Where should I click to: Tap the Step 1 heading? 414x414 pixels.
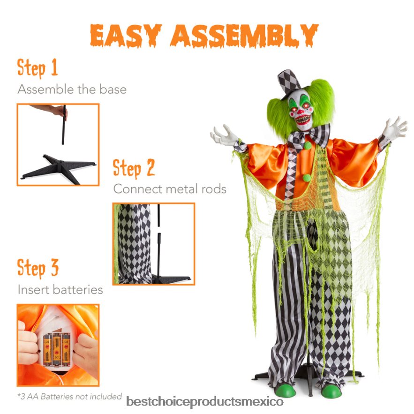(x=38, y=68)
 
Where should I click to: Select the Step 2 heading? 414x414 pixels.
(x=134, y=168)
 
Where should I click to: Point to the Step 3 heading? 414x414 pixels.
(x=38, y=268)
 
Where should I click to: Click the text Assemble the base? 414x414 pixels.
(x=72, y=89)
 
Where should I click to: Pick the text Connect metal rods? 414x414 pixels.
(x=170, y=189)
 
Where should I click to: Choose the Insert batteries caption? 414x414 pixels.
(x=60, y=289)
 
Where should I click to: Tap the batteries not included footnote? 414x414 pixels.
(x=69, y=397)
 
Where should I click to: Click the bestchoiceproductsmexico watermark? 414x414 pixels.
(x=205, y=402)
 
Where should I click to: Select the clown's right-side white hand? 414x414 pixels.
(x=395, y=128)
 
